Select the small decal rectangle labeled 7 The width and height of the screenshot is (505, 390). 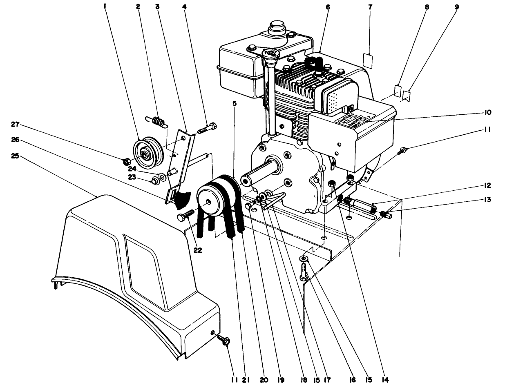click(x=369, y=60)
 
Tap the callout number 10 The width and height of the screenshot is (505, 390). click(x=488, y=112)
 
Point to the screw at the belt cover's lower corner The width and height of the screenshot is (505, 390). click(x=224, y=339)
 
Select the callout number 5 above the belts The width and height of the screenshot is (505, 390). click(x=234, y=104)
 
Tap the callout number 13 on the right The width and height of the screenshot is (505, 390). click(x=488, y=200)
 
